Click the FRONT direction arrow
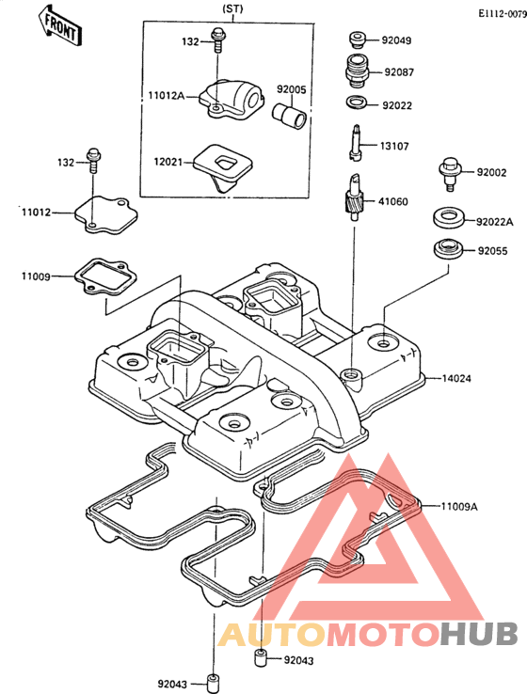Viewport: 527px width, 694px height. (59, 25)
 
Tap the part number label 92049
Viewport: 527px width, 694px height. (396, 40)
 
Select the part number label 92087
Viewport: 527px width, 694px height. (399, 71)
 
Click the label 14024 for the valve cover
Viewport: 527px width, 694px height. (456, 378)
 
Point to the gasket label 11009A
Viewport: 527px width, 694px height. (459, 506)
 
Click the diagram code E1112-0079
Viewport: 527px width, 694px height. (503, 14)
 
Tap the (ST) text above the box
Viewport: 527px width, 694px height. (232, 8)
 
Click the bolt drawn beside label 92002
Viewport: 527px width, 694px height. (450, 174)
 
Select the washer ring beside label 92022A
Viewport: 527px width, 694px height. (449, 218)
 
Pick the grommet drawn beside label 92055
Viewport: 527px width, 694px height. (448, 249)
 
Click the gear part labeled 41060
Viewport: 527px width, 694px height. (354, 197)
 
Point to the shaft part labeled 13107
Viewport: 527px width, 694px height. (356, 142)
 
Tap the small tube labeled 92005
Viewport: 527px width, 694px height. (289, 116)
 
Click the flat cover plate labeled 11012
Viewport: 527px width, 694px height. (105, 214)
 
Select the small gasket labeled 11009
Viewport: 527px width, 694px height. (105, 277)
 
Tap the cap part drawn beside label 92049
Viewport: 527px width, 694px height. (357, 39)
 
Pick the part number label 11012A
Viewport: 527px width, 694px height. (166, 95)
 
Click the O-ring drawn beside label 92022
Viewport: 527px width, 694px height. (357, 103)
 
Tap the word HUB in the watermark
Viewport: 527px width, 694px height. (480, 634)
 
